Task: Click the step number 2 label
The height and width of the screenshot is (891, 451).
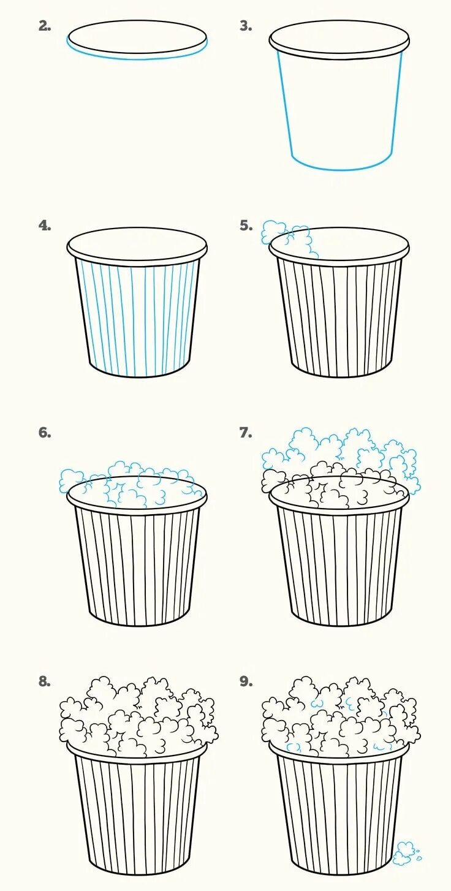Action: (x=45, y=26)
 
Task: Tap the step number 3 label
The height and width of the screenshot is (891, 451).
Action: (x=245, y=26)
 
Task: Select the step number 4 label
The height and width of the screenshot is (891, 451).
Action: (x=45, y=226)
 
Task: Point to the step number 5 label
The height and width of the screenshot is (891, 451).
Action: (x=246, y=226)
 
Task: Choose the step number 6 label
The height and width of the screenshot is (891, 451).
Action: (x=45, y=433)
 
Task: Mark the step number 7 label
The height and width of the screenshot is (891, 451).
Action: (x=245, y=433)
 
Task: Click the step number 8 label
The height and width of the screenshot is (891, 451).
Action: (x=45, y=681)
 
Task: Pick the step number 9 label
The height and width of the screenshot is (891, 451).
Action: (x=245, y=681)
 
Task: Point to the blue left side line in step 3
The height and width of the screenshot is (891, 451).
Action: (x=285, y=104)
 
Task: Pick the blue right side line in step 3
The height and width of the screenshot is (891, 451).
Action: (x=397, y=104)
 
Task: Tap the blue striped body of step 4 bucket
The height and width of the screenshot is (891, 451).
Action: (x=137, y=318)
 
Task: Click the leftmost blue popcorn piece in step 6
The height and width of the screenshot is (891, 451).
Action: (x=71, y=481)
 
